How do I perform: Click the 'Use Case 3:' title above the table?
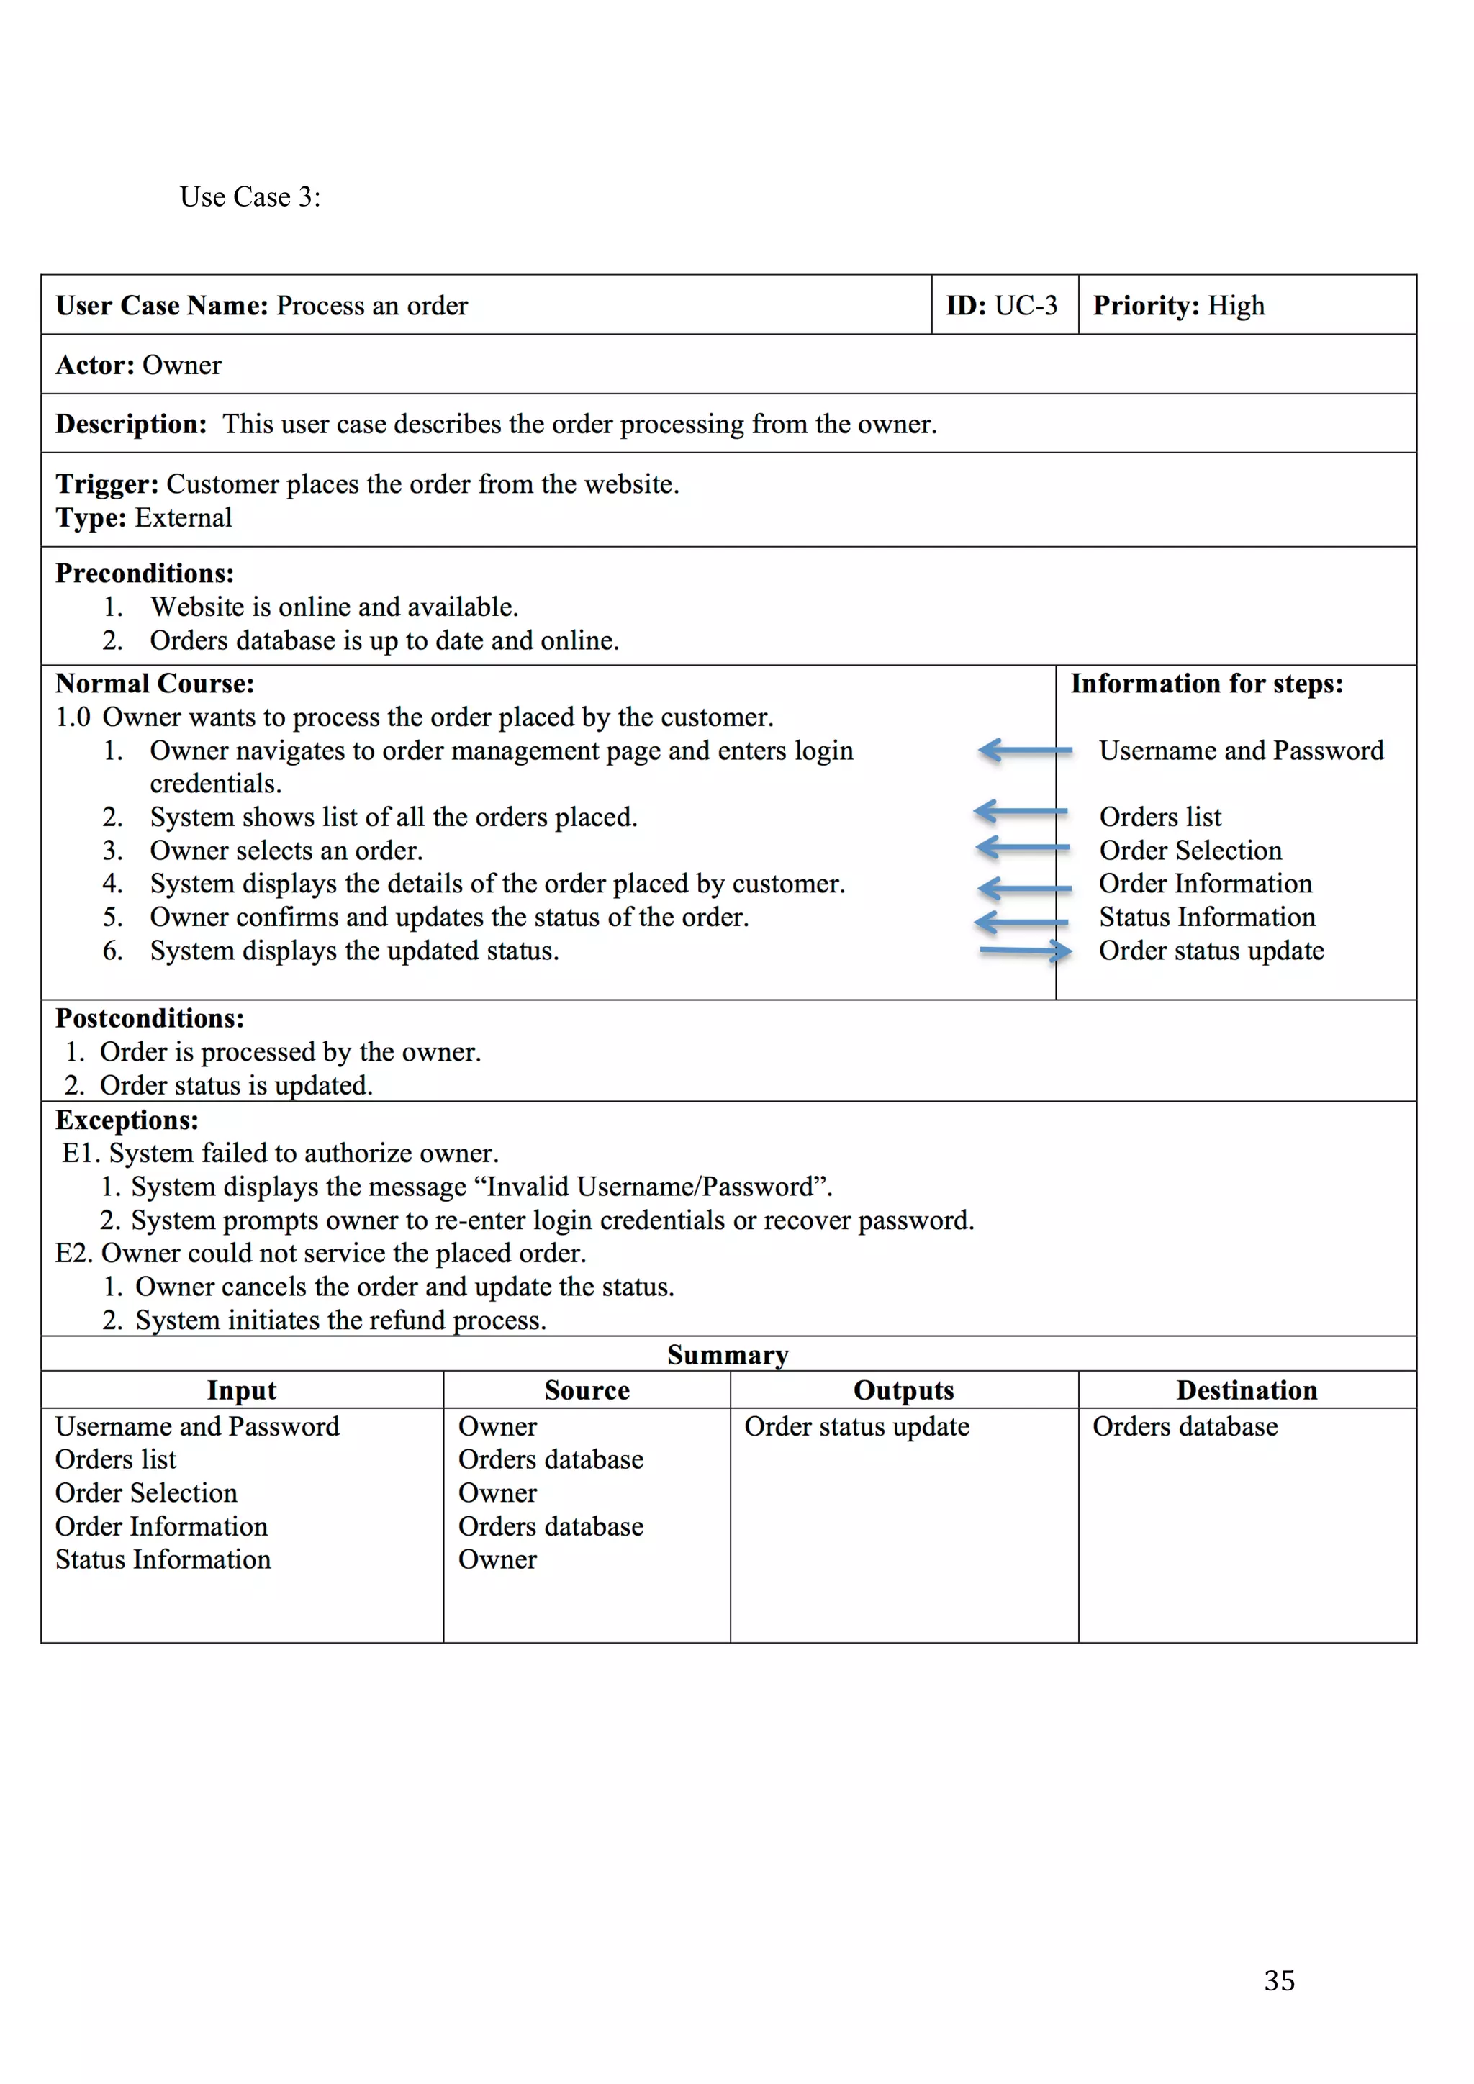(x=250, y=197)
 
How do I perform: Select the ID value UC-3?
(x=1026, y=306)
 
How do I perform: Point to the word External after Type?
(x=184, y=517)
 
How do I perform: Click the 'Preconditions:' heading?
(x=145, y=574)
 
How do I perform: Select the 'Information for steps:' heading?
(x=1206, y=684)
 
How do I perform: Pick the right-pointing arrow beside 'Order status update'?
(x=1026, y=951)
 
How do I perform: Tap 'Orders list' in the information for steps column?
(x=1160, y=817)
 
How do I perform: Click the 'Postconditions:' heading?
(x=150, y=1018)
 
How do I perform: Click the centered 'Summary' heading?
(x=727, y=1354)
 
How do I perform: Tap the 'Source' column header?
(x=587, y=1390)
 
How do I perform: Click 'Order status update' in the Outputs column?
(x=856, y=1427)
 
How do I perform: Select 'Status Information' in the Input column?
(x=163, y=1559)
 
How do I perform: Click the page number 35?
(x=1279, y=1980)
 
